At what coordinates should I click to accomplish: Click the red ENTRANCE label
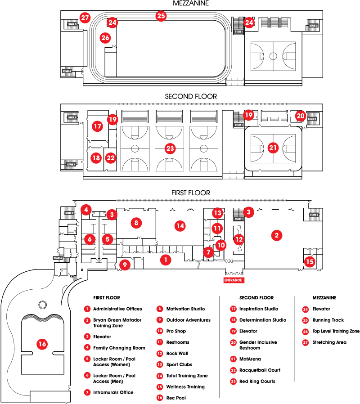234,280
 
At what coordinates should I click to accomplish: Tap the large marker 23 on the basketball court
170,148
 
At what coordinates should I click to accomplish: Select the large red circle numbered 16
42,344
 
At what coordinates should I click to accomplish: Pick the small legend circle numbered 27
306,343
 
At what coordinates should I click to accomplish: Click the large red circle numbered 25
161,16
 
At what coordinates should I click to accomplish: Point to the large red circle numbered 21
273,148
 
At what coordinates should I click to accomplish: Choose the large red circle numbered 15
310,262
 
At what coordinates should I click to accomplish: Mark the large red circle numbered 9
125,265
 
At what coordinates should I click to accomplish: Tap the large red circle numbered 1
166,260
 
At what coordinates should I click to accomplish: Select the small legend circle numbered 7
87,392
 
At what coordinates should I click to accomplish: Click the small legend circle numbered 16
160,398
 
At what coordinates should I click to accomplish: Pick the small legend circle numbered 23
233,382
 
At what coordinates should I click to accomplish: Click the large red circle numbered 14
180,226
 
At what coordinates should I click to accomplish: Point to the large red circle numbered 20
301,116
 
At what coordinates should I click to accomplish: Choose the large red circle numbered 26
105,38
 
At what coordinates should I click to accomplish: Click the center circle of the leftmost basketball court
135,148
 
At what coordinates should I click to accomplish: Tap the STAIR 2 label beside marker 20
312,119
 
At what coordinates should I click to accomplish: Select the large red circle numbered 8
136,223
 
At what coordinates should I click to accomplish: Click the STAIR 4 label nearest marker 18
71,165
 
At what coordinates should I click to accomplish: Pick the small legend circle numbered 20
233,342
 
